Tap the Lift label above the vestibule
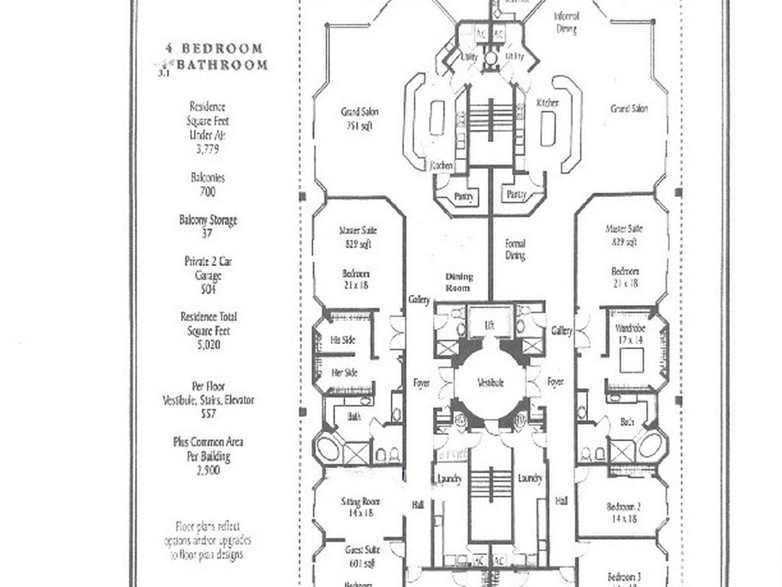pos(490,324)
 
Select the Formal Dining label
pos(515,250)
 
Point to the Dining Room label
pos(459,282)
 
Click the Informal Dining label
pos(566,22)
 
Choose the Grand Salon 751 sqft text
pos(360,118)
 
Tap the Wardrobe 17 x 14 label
pos(631,334)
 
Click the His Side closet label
pos(343,340)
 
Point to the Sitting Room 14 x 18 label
pos(360,508)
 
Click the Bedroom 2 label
pos(622,512)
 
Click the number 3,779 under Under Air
pos(208,150)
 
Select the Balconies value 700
pos(208,192)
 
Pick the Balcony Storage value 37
pos(208,233)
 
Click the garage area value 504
pos(208,290)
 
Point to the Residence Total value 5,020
pos(208,345)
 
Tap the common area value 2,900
pos(208,471)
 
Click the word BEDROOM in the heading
pos(225,49)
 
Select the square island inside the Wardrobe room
pos(631,360)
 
